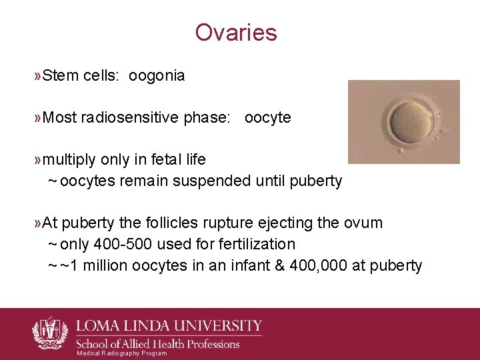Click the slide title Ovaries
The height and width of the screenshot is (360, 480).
tap(236, 32)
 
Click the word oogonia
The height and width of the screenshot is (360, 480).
tap(157, 76)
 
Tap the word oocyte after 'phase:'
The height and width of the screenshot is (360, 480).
tap(268, 118)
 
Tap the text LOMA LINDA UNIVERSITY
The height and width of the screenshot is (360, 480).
tap(169, 326)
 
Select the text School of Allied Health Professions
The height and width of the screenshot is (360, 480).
tap(157, 344)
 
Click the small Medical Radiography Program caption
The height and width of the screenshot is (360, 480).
tap(122, 353)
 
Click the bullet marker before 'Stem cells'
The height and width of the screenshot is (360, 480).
tap(37, 76)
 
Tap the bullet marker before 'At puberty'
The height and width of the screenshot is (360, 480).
tap(37, 223)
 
